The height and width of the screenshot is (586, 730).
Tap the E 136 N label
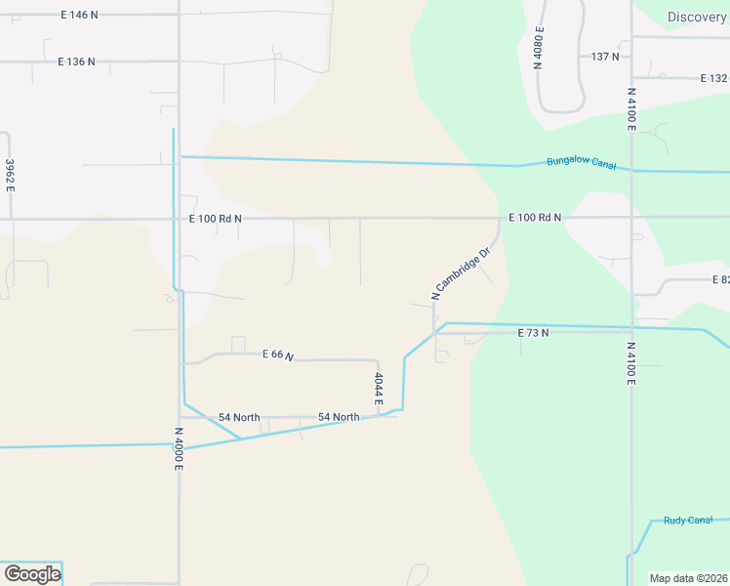point(76,62)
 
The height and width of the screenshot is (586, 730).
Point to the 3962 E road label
point(10,175)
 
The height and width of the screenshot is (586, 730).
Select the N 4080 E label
point(539,48)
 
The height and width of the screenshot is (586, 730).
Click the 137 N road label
point(605,57)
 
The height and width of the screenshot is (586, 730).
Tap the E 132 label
point(713,78)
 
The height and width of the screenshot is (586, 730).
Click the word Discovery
point(697,17)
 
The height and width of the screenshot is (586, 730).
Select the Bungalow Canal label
point(581,163)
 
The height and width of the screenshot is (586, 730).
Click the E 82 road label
point(719,280)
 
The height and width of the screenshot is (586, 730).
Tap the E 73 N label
point(533,333)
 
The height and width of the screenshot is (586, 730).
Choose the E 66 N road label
point(278,356)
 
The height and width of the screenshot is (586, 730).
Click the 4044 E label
point(378,388)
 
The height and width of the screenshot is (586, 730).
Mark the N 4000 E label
point(179,449)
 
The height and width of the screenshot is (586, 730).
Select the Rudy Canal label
point(688,521)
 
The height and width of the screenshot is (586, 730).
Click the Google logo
point(31,574)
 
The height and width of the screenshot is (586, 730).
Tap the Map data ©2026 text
point(689,578)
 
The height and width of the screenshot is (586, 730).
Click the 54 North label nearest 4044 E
point(339,417)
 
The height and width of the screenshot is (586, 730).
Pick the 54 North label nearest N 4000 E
point(239,417)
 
